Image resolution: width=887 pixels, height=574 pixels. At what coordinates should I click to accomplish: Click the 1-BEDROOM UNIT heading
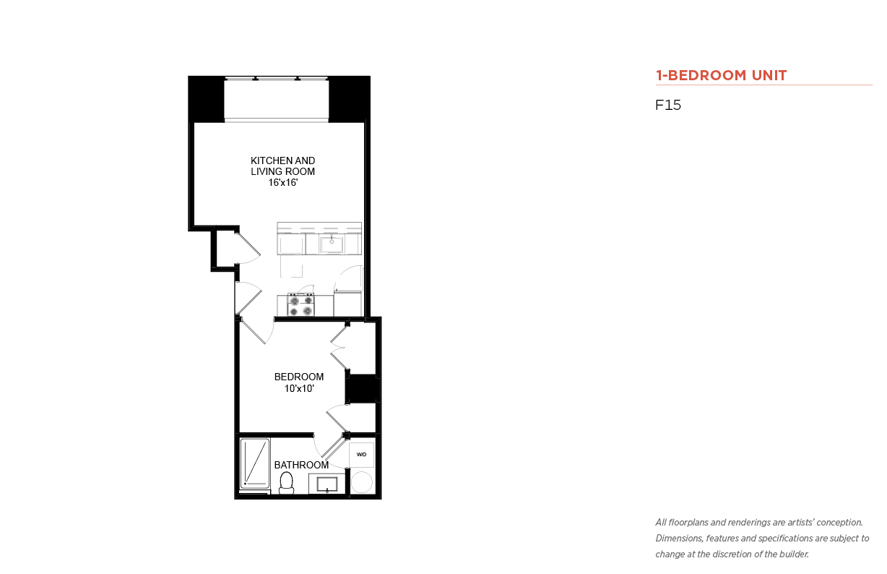(x=721, y=75)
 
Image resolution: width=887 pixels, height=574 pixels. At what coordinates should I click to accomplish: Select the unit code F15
(x=668, y=105)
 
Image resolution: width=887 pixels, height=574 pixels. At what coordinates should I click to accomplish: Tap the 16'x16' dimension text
(x=282, y=182)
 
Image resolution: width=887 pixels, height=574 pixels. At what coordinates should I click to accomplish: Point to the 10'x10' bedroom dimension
(x=299, y=388)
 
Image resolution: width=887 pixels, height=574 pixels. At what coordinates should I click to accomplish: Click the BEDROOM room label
(x=299, y=377)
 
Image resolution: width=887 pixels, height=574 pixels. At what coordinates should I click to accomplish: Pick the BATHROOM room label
(x=301, y=465)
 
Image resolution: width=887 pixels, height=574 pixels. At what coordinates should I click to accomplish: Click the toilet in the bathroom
(x=286, y=483)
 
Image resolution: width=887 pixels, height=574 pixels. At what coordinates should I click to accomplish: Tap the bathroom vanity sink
(x=327, y=484)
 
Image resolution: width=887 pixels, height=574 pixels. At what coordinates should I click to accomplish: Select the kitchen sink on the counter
(x=332, y=244)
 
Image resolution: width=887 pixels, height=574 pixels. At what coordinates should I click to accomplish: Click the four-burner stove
(x=301, y=305)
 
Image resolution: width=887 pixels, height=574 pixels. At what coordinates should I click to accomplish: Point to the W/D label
(x=361, y=454)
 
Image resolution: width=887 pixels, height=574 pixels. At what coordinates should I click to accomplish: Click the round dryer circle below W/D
(x=362, y=482)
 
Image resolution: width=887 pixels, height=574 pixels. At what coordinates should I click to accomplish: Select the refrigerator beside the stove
(x=347, y=304)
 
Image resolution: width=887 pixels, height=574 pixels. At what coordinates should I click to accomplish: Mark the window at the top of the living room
(x=277, y=80)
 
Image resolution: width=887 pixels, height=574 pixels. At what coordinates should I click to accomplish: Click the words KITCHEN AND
(x=282, y=160)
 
